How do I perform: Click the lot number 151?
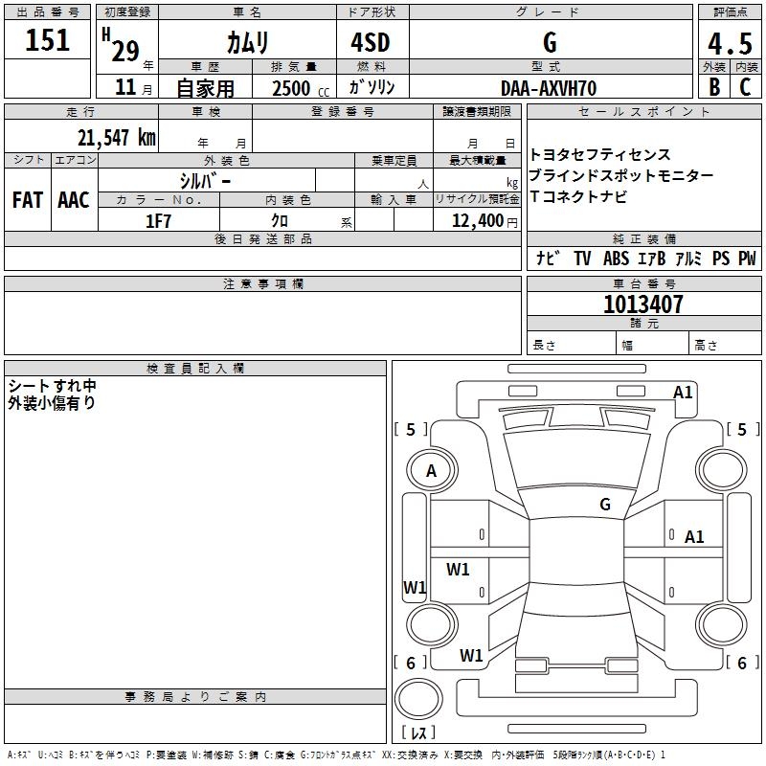(x=48, y=41)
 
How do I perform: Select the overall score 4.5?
(x=729, y=44)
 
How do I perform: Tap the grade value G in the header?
(x=550, y=43)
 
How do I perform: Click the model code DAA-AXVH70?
(x=549, y=88)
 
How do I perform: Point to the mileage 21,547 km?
(x=116, y=137)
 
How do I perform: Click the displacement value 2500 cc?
(x=291, y=89)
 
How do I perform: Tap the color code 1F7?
(x=158, y=221)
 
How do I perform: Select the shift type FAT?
(x=27, y=200)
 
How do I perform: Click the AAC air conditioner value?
(x=73, y=200)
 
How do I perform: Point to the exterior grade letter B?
(x=713, y=87)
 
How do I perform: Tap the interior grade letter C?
(x=746, y=87)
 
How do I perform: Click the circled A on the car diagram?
(x=431, y=471)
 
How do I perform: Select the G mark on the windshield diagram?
(x=604, y=504)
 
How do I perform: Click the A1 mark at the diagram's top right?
(x=683, y=392)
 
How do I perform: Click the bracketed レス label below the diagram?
(x=417, y=734)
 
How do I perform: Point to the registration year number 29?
(x=124, y=50)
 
